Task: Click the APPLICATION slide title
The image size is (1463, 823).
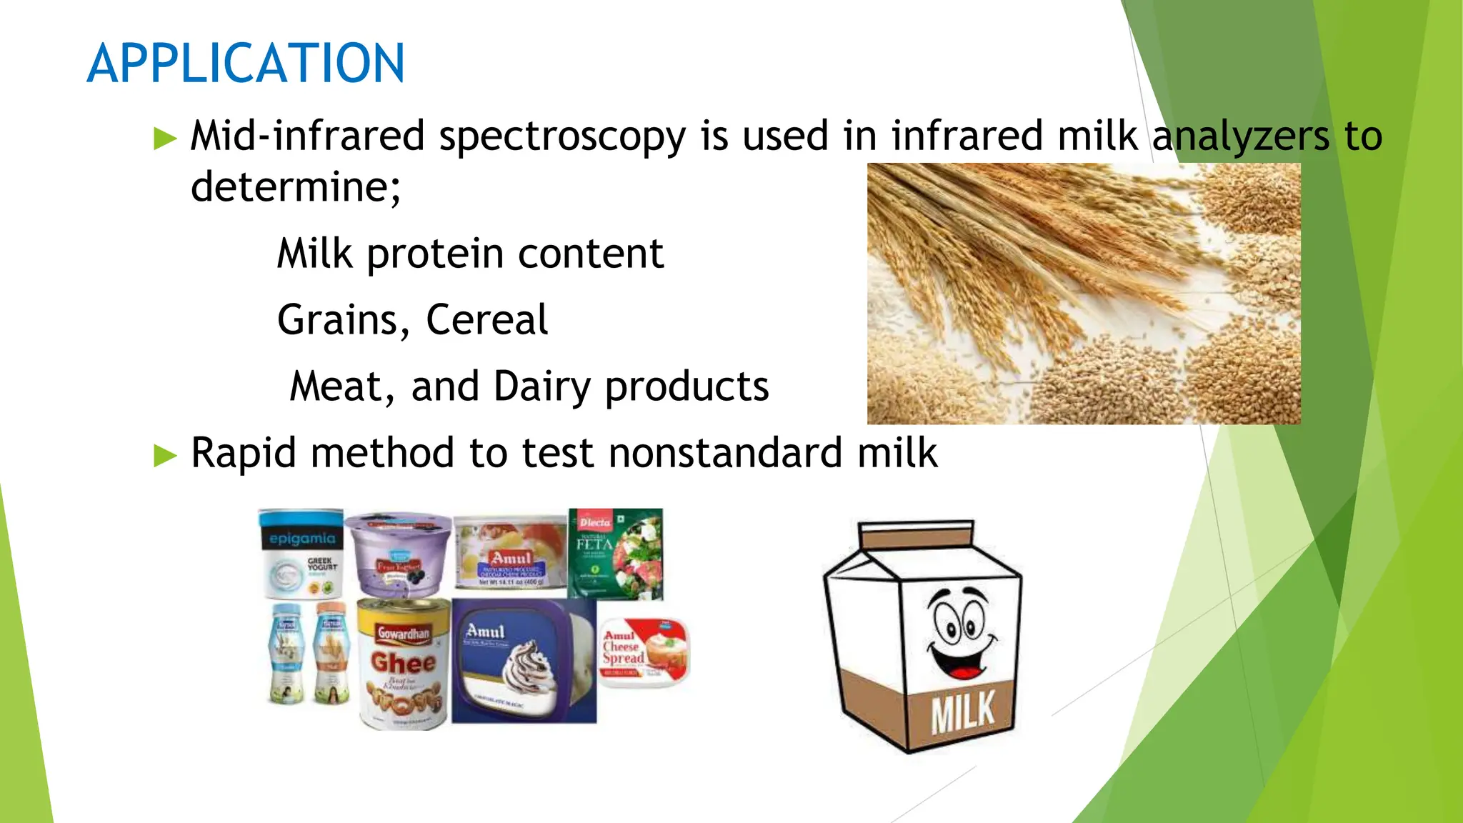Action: click(x=246, y=64)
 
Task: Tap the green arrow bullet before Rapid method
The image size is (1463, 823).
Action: click(x=165, y=455)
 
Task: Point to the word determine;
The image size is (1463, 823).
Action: click(x=296, y=187)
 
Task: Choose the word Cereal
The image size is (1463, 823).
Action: click(x=486, y=320)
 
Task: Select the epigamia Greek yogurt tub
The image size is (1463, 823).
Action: click(x=301, y=554)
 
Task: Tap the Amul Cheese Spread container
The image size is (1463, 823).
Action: click(x=641, y=652)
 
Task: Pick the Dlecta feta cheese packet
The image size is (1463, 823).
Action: click(x=616, y=554)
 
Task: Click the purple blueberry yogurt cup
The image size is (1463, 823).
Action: click(x=399, y=554)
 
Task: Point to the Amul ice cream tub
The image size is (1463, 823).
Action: click(x=523, y=661)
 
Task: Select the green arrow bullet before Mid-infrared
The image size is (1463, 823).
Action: click(x=165, y=138)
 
